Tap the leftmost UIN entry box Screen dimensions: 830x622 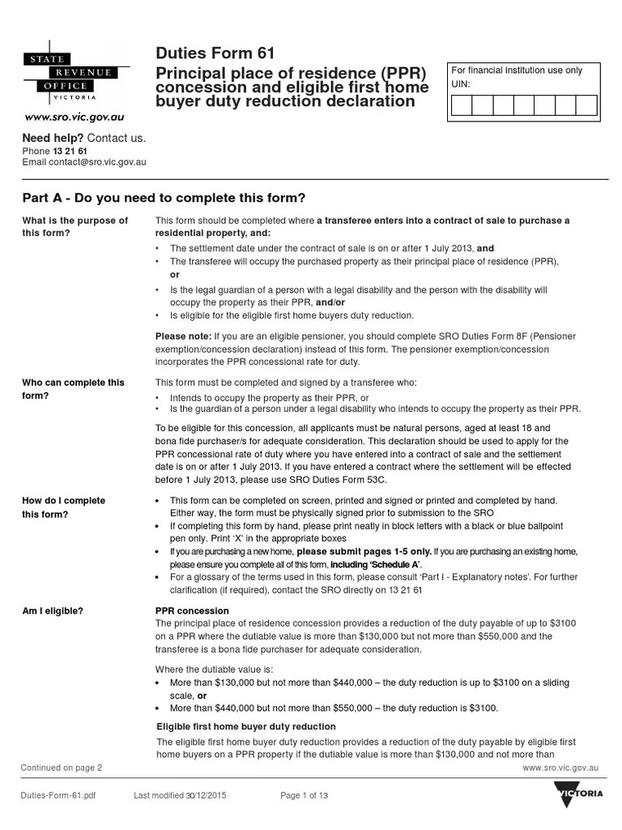tap(462, 106)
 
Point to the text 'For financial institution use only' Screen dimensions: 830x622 tap(517, 71)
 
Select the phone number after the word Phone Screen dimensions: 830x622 tap(70, 151)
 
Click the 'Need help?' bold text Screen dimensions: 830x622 tap(53, 138)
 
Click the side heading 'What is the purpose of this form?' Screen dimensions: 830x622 tap(75, 227)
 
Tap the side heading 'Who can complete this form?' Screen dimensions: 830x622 tap(73, 389)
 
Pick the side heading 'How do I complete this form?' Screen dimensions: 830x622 tap(63, 507)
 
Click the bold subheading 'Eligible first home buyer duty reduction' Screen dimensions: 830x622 tap(245, 726)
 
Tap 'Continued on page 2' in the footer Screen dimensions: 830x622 tap(62, 767)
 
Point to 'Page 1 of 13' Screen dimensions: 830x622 tap(304, 796)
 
